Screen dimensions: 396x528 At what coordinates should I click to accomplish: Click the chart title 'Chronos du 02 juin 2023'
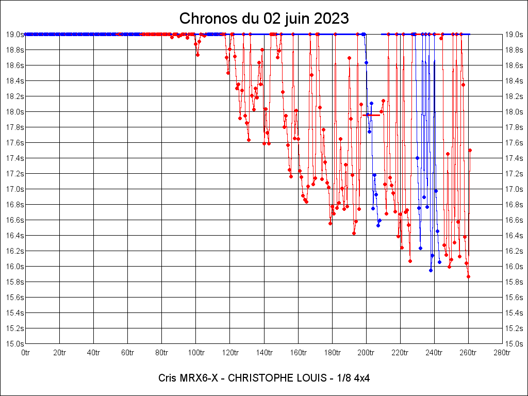pyautogui.click(x=264, y=19)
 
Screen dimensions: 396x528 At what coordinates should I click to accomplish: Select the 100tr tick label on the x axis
pyautogui.click(x=196, y=353)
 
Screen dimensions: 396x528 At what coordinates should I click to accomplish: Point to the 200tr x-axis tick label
pyautogui.click(x=366, y=353)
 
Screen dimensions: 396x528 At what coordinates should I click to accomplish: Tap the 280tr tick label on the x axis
pyautogui.click(x=502, y=353)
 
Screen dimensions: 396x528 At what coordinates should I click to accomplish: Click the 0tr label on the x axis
pyautogui.click(x=26, y=353)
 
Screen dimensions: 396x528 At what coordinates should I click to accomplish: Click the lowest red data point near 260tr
pyautogui.click(x=468, y=276)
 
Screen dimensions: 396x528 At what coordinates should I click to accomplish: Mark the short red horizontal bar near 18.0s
pyautogui.click(x=371, y=115)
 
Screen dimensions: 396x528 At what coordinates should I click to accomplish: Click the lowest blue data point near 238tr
pyautogui.click(x=431, y=270)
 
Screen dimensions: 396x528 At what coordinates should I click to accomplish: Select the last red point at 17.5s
pyautogui.click(x=470, y=150)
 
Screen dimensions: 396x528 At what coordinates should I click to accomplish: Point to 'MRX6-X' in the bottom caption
pyautogui.click(x=197, y=378)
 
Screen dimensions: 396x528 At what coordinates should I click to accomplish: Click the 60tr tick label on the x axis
pyautogui.click(x=128, y=353)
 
